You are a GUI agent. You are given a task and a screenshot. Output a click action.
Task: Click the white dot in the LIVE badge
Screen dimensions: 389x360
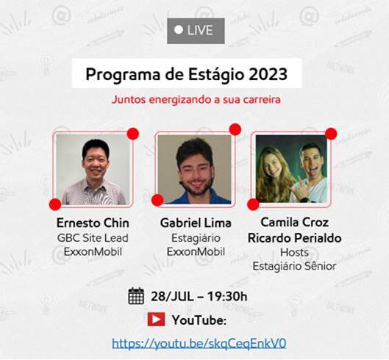(x=179, y=30)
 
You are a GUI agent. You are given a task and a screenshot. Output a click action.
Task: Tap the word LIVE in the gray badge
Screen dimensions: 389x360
(x=200, y=30)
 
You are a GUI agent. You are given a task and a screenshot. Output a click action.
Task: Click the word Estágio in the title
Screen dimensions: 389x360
(x=216, y=75)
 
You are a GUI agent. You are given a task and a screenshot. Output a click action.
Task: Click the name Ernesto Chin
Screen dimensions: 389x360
(x=93, y=223)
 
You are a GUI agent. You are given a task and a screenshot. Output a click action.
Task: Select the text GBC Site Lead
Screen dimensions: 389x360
(x=93, y=238)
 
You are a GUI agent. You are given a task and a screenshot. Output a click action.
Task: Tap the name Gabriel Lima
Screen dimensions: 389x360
(x=196, y=223)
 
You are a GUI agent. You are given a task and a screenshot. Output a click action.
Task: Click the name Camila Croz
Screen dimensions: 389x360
(x=294, y=222)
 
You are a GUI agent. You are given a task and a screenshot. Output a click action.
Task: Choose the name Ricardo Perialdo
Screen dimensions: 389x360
(x=294, y=238)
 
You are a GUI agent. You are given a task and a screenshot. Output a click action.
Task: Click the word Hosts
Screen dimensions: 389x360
(x=294, y=253)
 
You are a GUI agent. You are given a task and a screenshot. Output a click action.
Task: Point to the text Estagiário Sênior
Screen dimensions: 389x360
(x=294, y=267)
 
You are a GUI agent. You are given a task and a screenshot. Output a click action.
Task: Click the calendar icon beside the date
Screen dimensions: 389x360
(x=136, y=296)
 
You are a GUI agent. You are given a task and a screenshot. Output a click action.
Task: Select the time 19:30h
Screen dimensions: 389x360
(x=227, y=296)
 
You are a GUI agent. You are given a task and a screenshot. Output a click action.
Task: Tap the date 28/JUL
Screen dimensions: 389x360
(x=172, y=296)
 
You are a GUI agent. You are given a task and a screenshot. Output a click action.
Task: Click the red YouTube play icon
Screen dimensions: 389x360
(x=156, y=320)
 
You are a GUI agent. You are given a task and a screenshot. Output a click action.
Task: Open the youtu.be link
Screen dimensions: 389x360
(x=199, y=343)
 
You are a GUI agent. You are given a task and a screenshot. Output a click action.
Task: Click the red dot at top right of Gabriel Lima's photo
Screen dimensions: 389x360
(x=235, y=129)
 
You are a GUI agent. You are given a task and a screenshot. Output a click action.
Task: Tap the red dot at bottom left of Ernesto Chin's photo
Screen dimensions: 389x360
(x=55, y=204)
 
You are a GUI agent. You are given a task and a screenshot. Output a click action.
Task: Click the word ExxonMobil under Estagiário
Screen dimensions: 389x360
(x=196, y=252)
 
